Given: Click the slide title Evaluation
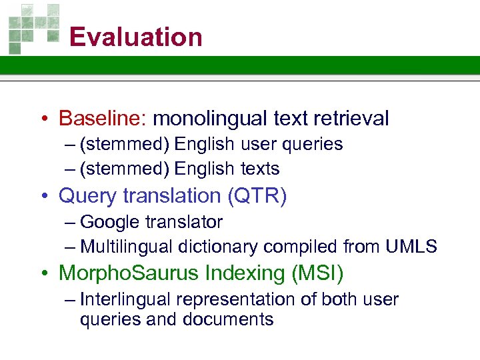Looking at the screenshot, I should click(x=135, y=37).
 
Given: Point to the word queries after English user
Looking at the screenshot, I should click(x=312, y=145).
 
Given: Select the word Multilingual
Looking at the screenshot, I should click(x=127, y=247).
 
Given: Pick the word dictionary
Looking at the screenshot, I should click(x=218, y=247).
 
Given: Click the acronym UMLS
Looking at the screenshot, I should click(x=411, y=247).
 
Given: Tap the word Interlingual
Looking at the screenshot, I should click(x=127, y=299).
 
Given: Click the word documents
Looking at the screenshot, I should click(x=233, y=319).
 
